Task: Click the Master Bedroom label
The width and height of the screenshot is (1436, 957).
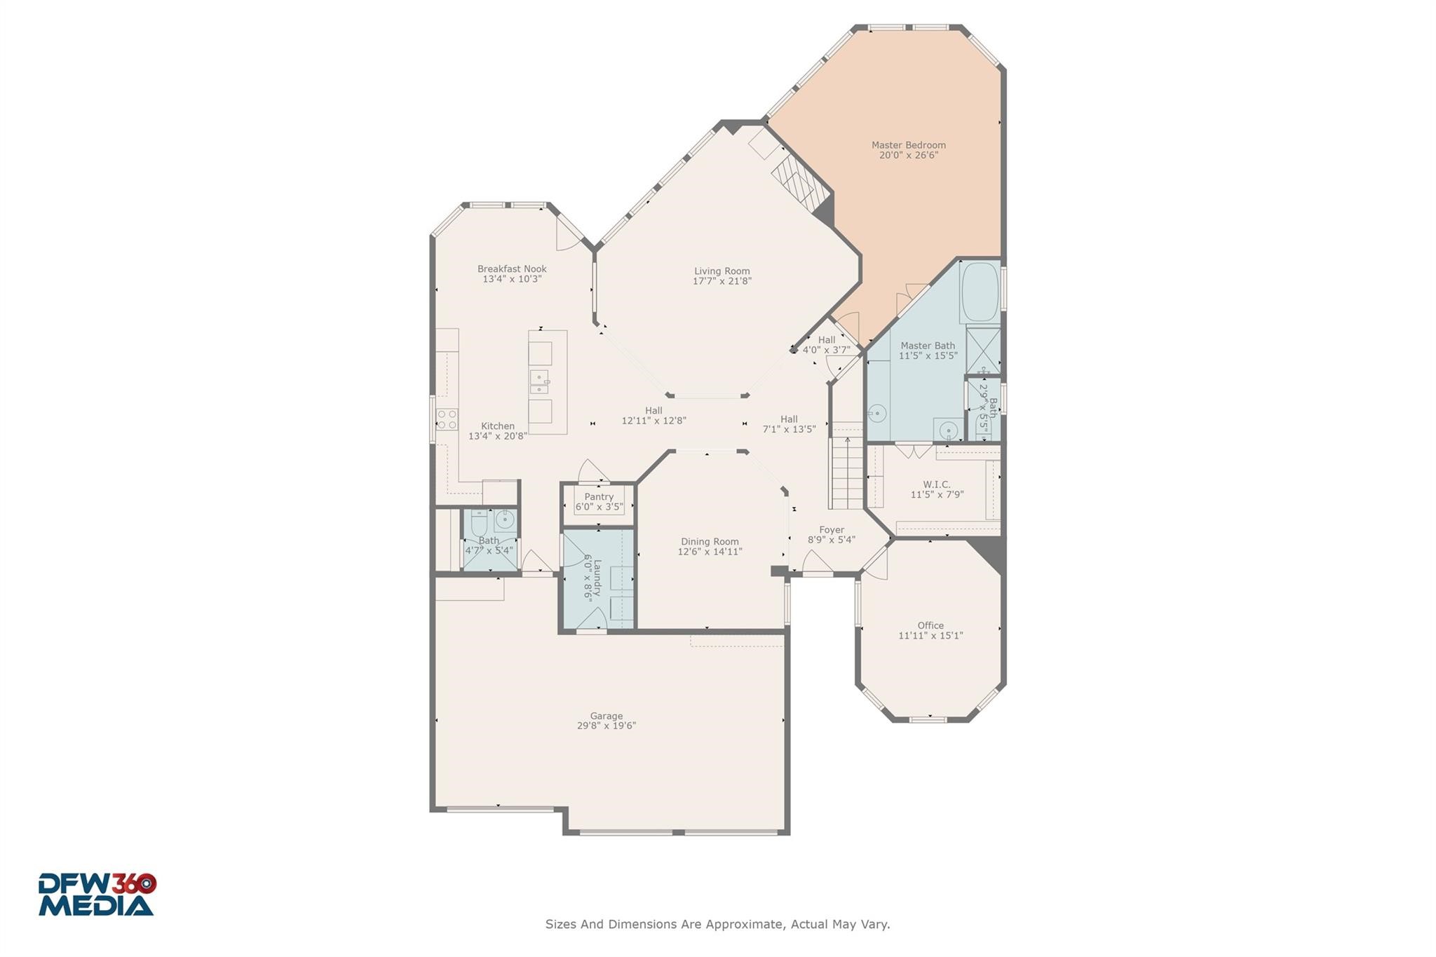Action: [908, 145]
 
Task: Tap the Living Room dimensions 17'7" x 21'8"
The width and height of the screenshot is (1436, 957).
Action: [722, 281]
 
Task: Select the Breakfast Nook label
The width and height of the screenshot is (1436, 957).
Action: [512, 269]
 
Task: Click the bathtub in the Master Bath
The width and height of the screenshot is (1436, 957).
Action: [980, 292]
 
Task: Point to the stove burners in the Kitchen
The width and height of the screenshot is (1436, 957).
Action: [447, 419]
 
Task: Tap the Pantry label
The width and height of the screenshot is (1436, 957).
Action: [599, 496]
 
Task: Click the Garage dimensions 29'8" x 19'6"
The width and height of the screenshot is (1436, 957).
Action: [606, 726]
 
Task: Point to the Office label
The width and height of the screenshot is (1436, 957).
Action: [930, 625]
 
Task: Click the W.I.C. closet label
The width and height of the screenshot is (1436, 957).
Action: [937, 484]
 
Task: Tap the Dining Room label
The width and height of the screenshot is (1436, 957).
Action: [710, 541]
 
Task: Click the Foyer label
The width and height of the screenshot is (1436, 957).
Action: [831, 530]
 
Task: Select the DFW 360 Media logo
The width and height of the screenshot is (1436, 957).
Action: [97, 894]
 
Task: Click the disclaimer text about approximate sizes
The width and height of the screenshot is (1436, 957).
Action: [717, 924]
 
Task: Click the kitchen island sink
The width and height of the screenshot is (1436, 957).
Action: [538, 382]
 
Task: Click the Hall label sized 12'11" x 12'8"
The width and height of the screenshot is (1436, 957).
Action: [653, 411]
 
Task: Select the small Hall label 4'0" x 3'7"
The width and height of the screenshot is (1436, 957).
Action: [826, 340]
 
